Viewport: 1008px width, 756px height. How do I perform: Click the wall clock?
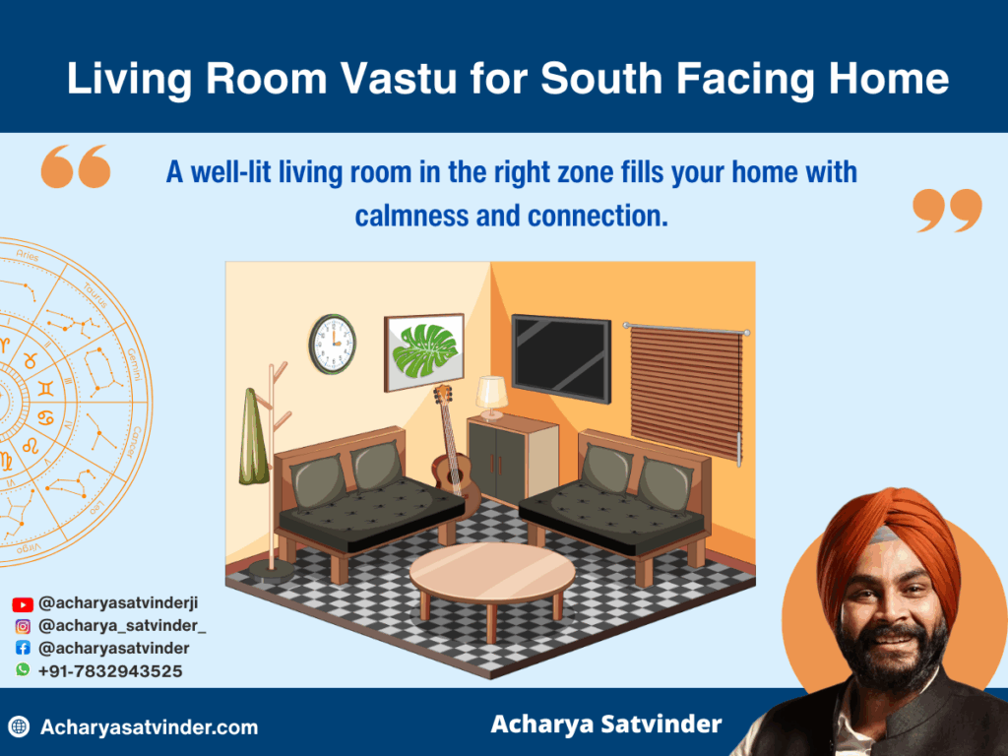(x=332, y=344)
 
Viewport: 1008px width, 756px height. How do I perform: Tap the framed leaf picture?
(x=423, y=346)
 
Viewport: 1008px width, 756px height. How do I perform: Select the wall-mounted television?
(x=560, y=357)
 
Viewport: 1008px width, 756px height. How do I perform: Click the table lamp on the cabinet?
(x=491, y=395)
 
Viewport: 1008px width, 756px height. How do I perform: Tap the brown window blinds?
(x=685, y=390)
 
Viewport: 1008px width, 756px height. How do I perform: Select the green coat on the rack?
(x=253, y=437)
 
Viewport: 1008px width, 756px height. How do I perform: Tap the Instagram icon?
(x=23, y=626)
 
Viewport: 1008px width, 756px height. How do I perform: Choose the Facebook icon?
(x=23, y=649)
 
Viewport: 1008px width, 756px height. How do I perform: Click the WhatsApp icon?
(x=23, y=670)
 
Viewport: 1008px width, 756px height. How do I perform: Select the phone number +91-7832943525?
(x=110, y=671)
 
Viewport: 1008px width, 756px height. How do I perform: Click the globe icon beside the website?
(x=19, y=727)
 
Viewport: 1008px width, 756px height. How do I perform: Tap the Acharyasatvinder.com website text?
(x=149, y=727)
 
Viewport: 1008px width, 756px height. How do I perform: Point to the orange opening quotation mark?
(x=75, y=167)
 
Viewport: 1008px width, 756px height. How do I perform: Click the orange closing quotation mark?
(x=947, y=211)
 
